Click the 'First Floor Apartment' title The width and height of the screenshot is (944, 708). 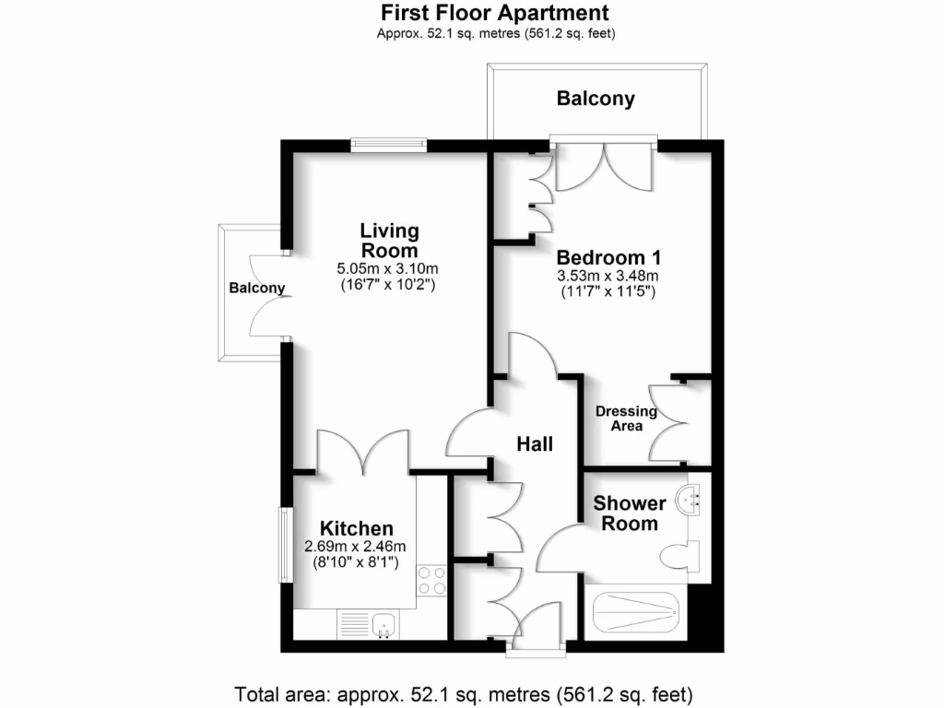495,13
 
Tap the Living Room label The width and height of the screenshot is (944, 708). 389,240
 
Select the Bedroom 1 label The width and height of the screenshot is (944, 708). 608,257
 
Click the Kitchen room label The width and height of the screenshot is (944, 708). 357,528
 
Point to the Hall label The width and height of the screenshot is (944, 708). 535,444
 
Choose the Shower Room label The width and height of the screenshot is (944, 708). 630,513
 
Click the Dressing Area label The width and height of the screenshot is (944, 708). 626,419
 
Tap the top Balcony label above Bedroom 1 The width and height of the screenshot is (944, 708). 596,99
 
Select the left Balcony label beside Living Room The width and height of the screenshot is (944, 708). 256,289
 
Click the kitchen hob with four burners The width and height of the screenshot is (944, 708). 432,580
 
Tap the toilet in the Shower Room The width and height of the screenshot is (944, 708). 679,557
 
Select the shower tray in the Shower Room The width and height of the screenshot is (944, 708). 635,611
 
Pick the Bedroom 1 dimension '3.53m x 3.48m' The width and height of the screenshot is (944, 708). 608,276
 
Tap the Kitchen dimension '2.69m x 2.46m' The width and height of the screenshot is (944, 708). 355,546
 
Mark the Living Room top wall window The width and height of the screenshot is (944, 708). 388,143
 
